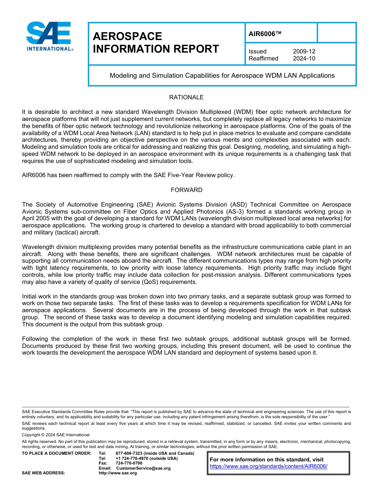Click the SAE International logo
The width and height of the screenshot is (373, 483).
pyautogui.click(x=49, y=36)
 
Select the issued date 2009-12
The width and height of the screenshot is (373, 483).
pyautogui.click(x=304, y=51)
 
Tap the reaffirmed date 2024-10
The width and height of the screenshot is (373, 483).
pyautogui.click(x=304, y=59)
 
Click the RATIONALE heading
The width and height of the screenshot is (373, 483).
pyautogui.click(x=186, y=97)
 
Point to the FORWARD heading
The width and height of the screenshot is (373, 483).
pyautogui.click(x=186, y=190)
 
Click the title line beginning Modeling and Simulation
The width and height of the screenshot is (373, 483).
pyautogui.click(x=222, y=75)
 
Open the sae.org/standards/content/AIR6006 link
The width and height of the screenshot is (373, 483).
pyautogui.click(x=269, y=467)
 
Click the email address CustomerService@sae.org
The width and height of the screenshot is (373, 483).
pyautogui.click(x=143, y=468)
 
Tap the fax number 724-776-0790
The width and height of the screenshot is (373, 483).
pyautogui.click(x=129, y=463)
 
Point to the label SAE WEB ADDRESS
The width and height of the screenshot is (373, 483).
pyautogui.click(x=43, y=473)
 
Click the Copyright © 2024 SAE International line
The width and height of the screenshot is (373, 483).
pyautogui.click(x=56, y=435)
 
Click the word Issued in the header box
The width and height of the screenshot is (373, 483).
pyautogui.click(x=258, y=51)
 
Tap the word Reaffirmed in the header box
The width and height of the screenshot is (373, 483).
pyautogui.click(x=263, y=59)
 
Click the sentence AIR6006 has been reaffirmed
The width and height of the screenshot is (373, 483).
pyautogui.click(x=128, y=175)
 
